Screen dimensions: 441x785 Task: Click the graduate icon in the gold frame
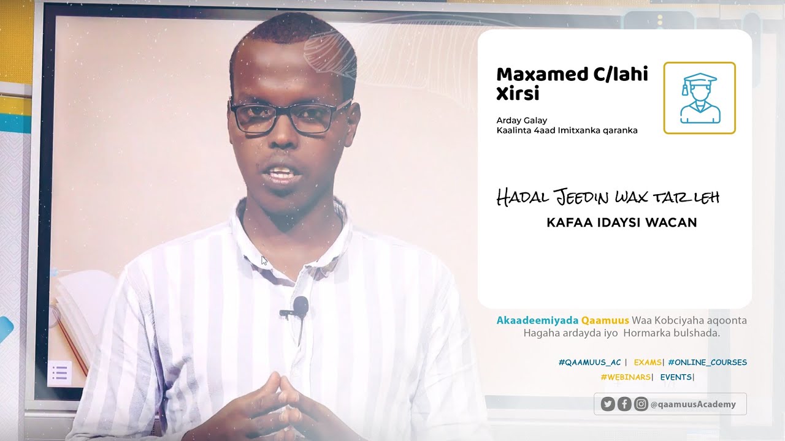point(700,98)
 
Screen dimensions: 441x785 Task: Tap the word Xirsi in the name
point(518,94)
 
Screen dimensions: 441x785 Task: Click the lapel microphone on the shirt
point(300,306)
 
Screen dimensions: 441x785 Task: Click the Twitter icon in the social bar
point(608,404)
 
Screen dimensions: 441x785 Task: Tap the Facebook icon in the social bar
point(624,404)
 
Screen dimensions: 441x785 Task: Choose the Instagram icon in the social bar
point(641,404)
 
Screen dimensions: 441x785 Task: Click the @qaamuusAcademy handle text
point(693,404)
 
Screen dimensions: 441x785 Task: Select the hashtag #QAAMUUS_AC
point(589,363)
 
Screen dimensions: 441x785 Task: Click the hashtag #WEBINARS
point(626,377)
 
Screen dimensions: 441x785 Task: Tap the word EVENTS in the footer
point(676,377)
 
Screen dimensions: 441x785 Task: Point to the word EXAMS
point(648,363)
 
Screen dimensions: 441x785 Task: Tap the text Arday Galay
point(521,120)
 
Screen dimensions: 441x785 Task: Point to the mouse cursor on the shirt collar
point(264,260)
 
